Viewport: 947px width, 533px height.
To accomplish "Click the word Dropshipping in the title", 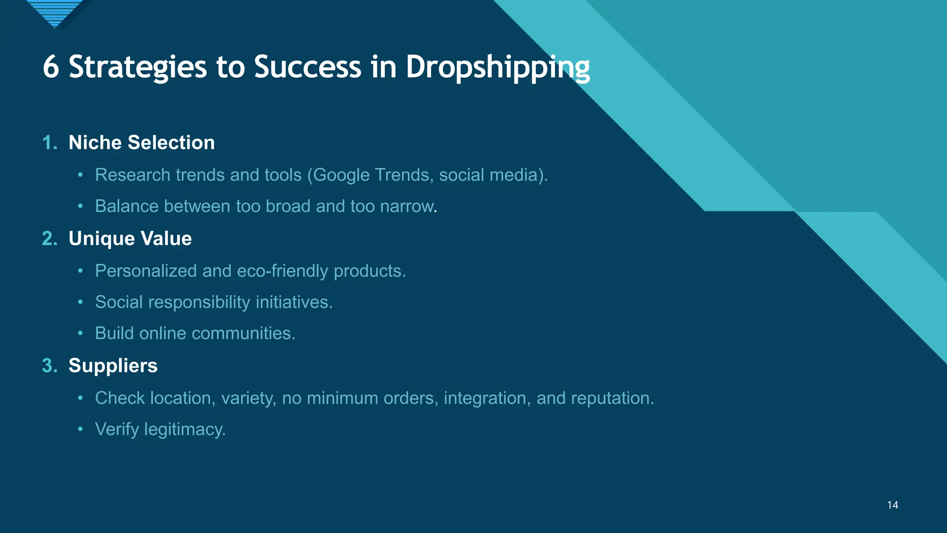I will (498, 67).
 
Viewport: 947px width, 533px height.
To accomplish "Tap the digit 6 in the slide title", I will (51, 67).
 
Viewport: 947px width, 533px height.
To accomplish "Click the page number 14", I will (892, 505).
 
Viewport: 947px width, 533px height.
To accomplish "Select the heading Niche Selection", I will (141, 143).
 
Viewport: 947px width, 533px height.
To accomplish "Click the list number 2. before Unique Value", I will (49, 239).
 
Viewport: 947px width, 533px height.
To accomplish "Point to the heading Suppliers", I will (113, 366).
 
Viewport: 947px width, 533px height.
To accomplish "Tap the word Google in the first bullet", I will (342, 175).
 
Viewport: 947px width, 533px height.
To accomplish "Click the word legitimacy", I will (184, 430).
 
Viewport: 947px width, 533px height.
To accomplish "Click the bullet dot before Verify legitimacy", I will (80, 429).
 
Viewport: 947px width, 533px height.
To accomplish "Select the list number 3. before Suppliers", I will (49, 366).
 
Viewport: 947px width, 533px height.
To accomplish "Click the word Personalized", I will (146, 271).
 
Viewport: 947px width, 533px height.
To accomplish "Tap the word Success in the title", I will (307, 67).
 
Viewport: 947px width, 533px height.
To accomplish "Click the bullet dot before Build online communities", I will (80, 333).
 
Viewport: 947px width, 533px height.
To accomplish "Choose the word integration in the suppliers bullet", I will (487, 398).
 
